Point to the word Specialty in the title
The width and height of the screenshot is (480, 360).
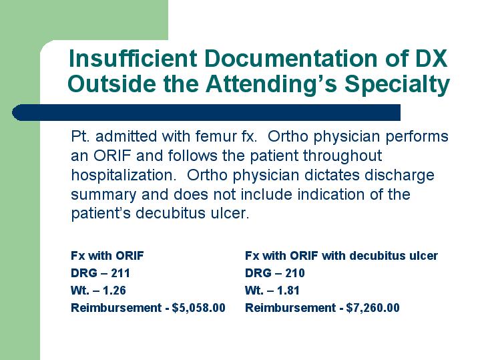(x=397, y=83)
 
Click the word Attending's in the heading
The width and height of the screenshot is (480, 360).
(x=272, y=83)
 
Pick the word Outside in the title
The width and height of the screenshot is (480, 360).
(x=111, y=83)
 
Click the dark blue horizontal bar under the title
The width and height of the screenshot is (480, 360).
(x=206, y=112)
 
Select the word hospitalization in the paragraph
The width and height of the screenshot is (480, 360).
(x=124, y=175)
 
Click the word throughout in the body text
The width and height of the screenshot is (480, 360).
(x=342, y=156)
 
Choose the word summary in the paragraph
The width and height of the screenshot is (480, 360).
(x=103, y=195)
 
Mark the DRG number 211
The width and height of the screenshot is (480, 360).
(x=120, y=273)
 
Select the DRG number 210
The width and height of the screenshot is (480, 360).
(x=295, y=273)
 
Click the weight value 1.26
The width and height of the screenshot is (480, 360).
(x=114, y=291)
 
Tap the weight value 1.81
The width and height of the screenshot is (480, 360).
(x=288, y=291)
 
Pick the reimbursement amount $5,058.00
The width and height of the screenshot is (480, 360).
(x=199, y=308)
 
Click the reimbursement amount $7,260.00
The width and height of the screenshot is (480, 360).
(x=373, y=308)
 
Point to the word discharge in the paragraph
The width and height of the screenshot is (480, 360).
(x=399, y=175)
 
